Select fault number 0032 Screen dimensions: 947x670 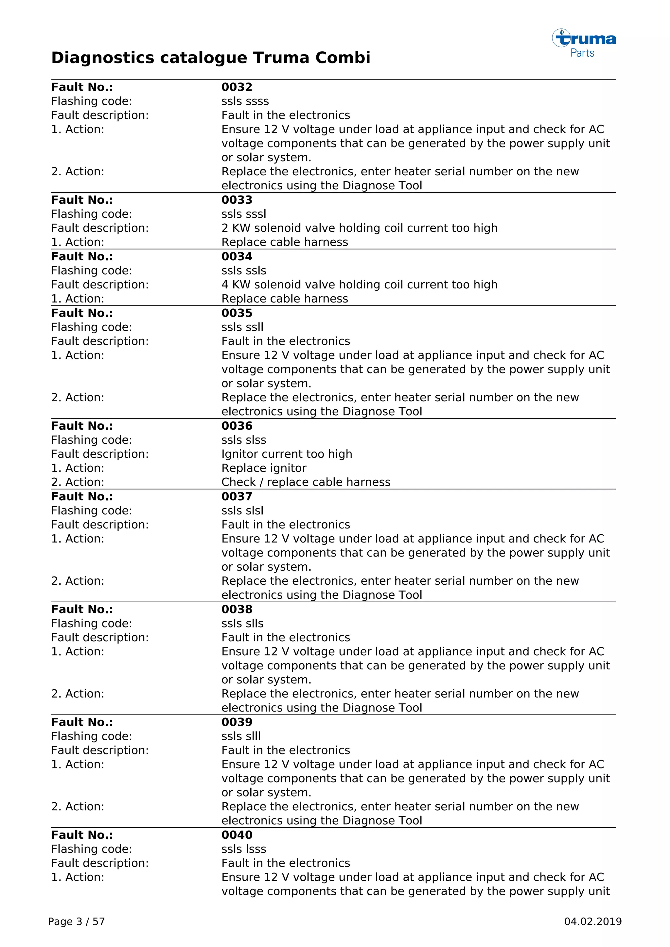(237, 87)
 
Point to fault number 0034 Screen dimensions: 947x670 (237, 257)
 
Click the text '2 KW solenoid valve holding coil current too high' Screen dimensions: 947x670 (359, 228)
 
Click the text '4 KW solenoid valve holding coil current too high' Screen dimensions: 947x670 (359, 284)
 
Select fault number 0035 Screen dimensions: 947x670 (237, 313)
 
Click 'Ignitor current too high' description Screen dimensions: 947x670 (286, 454)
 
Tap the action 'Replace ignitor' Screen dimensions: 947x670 (264, 468)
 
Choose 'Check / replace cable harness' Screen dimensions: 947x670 (305, 482)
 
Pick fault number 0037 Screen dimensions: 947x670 (237, 497)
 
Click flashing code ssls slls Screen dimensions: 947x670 (242, 623)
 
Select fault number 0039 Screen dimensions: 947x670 (237, 722)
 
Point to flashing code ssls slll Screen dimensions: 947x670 (241, 736)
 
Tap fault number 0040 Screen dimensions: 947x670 (237, 835)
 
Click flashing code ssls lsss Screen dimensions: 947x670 (243, 849)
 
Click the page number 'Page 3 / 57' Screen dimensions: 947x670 (76, 921)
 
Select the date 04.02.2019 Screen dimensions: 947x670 (592, 921)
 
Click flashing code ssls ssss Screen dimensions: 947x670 (245, 101)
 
